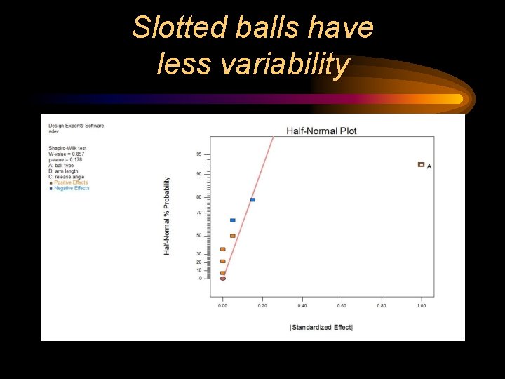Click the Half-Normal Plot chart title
click(x=321, y=131)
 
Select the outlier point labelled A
click(x=421, y=165)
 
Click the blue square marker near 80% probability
click(x=252, y=200)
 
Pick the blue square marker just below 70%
click(x=233, y=220)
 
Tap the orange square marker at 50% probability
click(x=233, y=236)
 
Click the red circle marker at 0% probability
click(x=223, y=279)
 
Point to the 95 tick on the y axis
click(x=199, y=154)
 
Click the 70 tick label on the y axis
click(x=199, y=213)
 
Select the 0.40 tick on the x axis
click(x=302, y=305)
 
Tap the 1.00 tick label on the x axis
click(x=421, y=305)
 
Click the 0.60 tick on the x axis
click(x=342, y=305)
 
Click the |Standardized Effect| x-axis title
click(x=321, y=328)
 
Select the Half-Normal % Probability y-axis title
click(x=167, y=215)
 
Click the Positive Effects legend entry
click(x=71, y=182)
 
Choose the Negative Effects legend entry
click(x=72, y=188)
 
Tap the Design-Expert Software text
click(x=76, y=126)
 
